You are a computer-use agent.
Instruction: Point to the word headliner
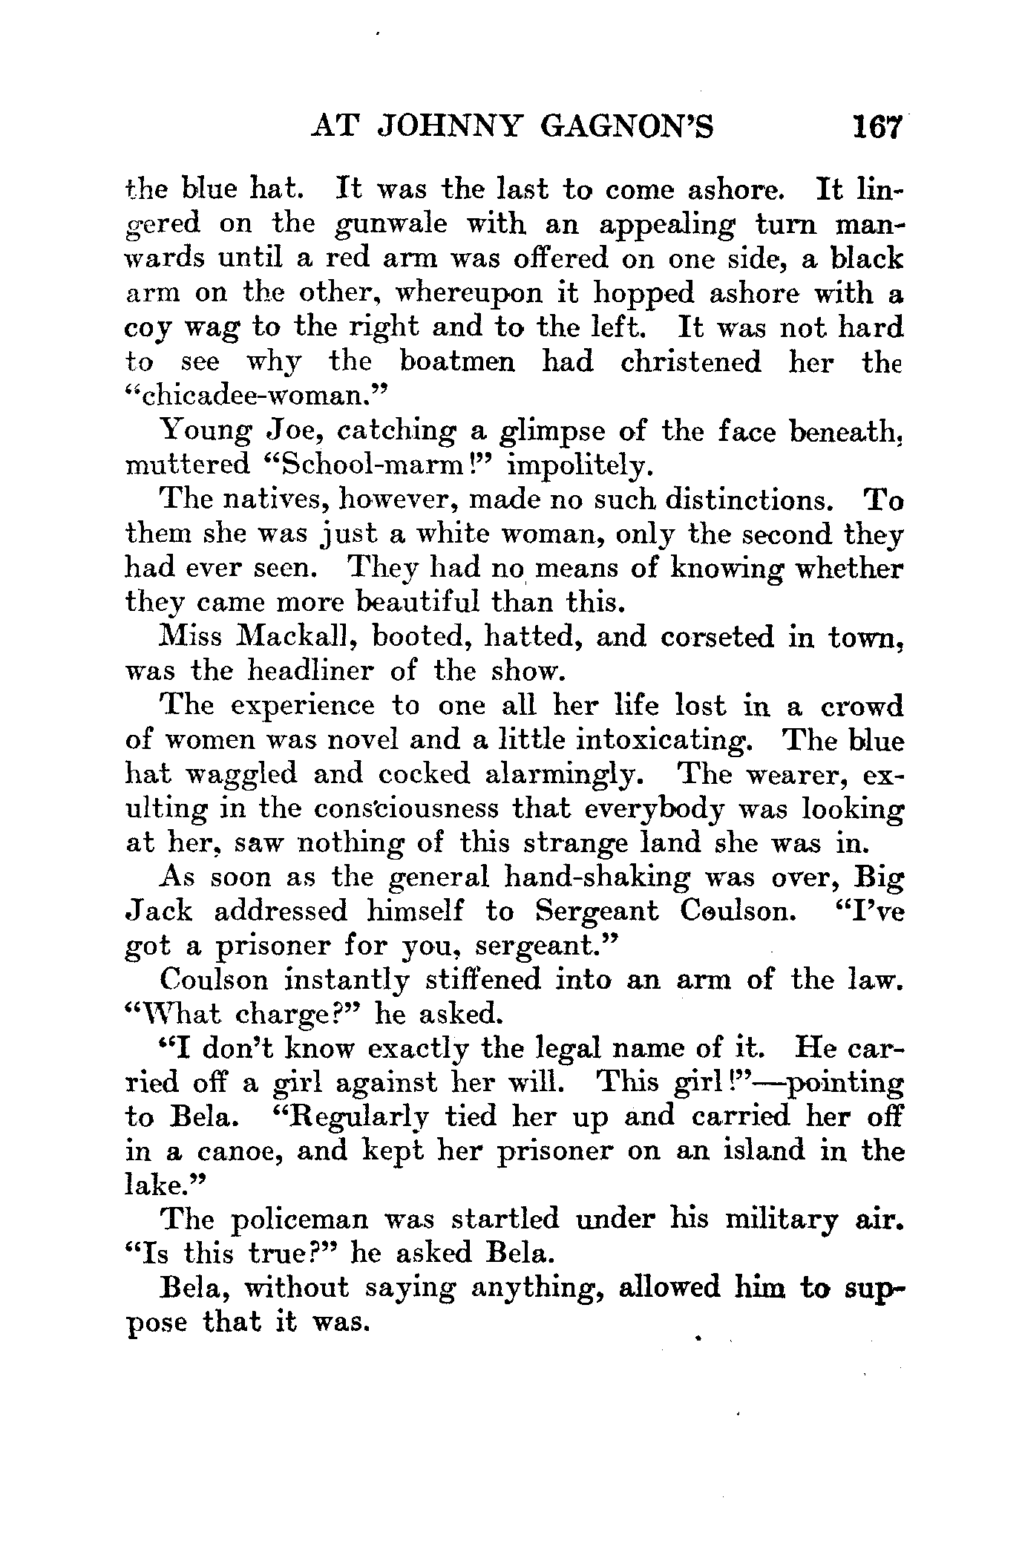(x=286, y=671)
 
